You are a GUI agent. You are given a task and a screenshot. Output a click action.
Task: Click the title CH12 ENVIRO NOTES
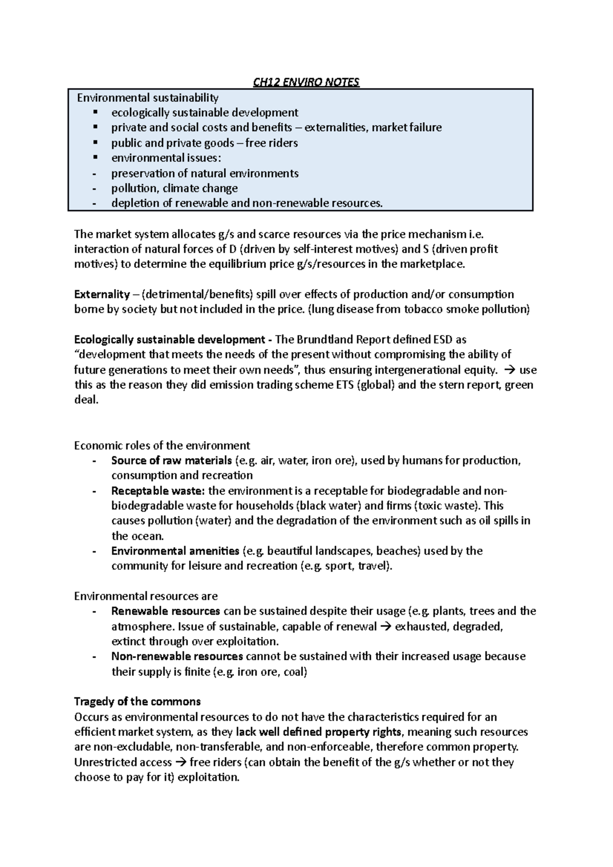(x=306, y=82)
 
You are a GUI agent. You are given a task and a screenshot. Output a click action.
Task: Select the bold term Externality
(x=102, y=294)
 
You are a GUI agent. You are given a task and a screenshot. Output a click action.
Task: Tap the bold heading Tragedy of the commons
(x=137, y=701)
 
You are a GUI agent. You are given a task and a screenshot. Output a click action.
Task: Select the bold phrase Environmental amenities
(x=175, y=551)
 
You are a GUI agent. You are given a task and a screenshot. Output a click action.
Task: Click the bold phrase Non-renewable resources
(x=177, y=656)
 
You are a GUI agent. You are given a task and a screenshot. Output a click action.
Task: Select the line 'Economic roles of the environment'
(x=162, y=445)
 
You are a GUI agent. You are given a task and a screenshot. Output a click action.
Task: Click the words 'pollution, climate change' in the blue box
(x=174, y=188)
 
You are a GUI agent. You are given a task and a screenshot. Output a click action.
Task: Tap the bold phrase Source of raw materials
(x=171, y=461)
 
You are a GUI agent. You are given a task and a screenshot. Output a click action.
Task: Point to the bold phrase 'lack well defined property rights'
(x=319, y=732)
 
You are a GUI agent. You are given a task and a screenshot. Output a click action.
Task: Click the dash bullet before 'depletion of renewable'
(x=93, y=203)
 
